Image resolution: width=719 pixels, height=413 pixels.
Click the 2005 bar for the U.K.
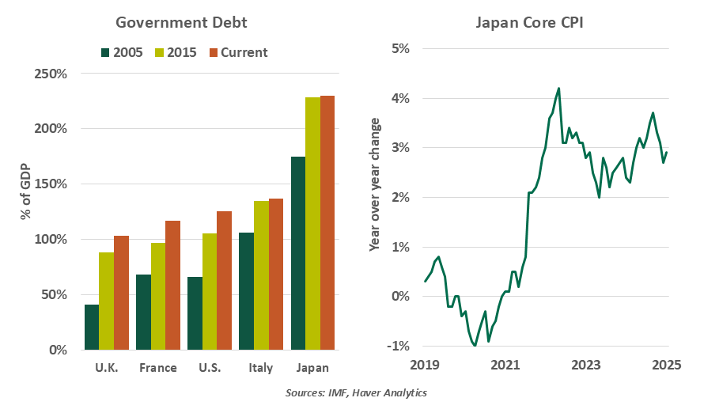[92, 327]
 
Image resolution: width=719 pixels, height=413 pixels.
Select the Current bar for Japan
[327, 222]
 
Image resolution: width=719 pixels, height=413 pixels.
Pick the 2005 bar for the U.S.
[195, 313]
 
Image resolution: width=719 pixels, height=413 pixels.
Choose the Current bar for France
[172, 285]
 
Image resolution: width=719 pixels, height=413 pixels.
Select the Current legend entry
[237, 53]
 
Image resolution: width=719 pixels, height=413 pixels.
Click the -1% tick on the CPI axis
[397, 346]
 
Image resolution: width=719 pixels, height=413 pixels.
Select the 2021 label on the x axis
[505, 366]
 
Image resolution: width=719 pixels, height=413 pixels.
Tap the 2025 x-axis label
[667, 366]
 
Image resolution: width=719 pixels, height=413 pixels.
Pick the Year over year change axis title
[375, 185]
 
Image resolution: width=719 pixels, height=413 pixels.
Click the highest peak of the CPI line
[558, 89]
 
